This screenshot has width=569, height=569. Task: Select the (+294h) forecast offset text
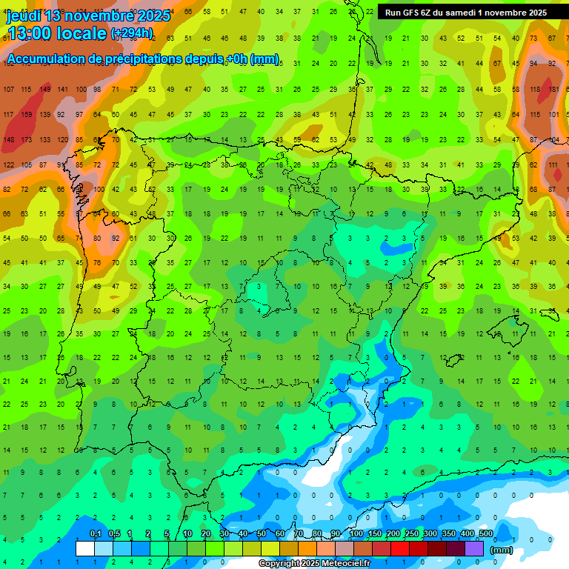click(x=132, y=33)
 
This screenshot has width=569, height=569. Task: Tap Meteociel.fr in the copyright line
click(x=342, y=564)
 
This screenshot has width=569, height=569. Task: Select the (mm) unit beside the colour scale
click(x=502, y=550)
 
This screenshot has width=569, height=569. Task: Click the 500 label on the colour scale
click(x=485, y=533)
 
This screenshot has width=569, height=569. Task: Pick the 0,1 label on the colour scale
click(x=96, y=533)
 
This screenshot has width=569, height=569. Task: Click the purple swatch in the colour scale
click(x=474, y=549)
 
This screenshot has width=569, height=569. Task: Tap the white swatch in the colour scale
click(x=85, y=549)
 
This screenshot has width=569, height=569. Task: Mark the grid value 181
click(x=553, y=90)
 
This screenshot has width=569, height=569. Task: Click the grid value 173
click(x=26, y=139)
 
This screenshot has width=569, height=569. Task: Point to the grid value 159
click(x=26, y=115)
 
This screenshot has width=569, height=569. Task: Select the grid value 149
click(x=44, y=90)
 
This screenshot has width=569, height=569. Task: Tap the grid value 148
click(x=8, y=139)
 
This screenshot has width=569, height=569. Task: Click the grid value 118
click(x=535, y=90)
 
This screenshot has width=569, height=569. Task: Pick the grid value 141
click(x=62, y=90)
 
